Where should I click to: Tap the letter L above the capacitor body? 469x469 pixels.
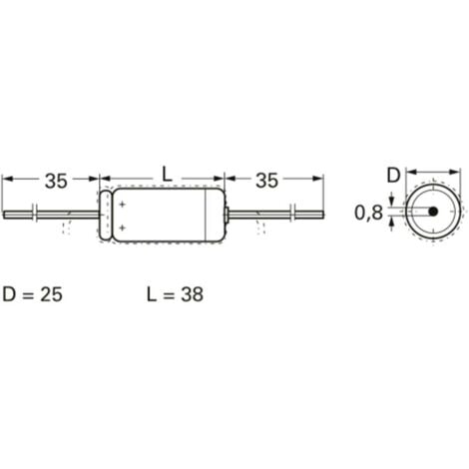click(167, 177)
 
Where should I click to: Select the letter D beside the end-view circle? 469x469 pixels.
click(394, 178)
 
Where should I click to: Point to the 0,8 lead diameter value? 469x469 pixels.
click(368, 213)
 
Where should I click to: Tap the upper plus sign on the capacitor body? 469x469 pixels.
click(122, 205)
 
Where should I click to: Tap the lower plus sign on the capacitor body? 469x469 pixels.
click(122, 229)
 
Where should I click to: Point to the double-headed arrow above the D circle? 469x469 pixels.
click(431, 171)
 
